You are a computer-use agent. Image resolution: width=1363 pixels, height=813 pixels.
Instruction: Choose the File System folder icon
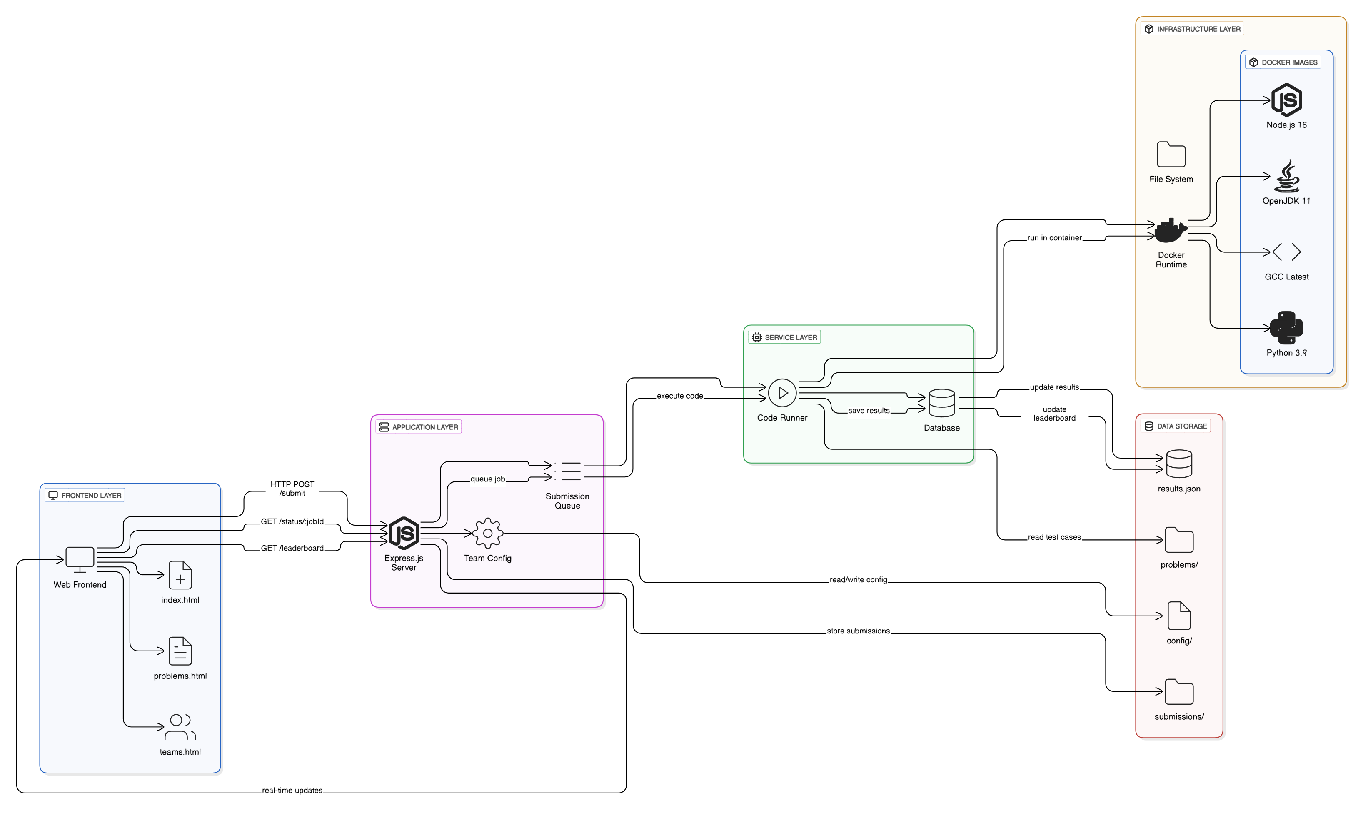(x=1171, y=155)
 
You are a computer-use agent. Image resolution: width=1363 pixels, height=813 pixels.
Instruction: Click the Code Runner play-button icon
(x=782, y=393)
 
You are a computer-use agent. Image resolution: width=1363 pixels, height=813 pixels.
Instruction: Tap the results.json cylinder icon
(x=1179, y=464)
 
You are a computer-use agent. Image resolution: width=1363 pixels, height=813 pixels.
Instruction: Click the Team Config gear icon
(x=487, y=533)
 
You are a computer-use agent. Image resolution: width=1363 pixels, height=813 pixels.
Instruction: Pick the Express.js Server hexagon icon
(x=404, y=533)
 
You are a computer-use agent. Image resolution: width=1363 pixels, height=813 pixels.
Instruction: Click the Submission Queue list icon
(x=567, y=471)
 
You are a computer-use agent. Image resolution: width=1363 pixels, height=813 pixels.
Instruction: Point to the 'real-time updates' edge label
(x=292, y=790)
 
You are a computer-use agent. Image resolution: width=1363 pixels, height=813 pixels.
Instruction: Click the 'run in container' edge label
(x=1054, y=238)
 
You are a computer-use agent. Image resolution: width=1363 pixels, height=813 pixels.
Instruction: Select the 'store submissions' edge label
(x=858, y=631)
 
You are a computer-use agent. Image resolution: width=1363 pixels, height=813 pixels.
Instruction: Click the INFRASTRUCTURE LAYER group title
(x=1198, y=29)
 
